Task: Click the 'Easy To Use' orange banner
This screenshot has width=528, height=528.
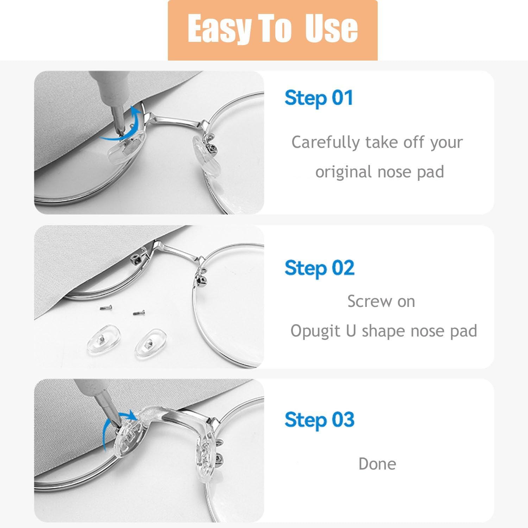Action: click(x=272, y=30)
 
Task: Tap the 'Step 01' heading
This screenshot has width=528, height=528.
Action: click(x=319, y=98)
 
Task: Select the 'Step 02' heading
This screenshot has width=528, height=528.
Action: click(x=319, y=269)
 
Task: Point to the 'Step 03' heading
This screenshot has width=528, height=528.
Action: click(x=319, y=420)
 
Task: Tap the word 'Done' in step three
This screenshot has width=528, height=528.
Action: click(x=377, y=464)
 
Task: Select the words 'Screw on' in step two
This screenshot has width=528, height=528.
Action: click(x=381, y=301)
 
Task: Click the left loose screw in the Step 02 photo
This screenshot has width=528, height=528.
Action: click(x=105, y=308)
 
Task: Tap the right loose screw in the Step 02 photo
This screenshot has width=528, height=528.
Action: click(x=139, y=313)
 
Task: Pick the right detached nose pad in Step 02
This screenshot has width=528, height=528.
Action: click(x=150, y=344)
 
